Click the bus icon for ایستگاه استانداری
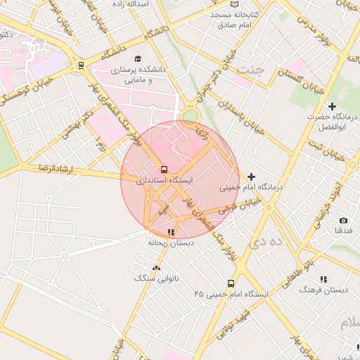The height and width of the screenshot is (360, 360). pyautogui.click(x=164, y=169)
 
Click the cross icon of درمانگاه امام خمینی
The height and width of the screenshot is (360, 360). pyautogui.click(x=252, y=176)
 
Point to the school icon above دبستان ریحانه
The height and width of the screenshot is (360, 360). pyautogui.click(x=171, y=231)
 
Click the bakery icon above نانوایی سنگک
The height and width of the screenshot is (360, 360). pyautogui.click(x=156, y=268)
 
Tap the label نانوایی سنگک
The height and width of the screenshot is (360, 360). pyautogui.click(x=155, y=278)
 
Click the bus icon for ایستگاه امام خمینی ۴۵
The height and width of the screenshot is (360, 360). pyautogui.click(x=231, y=283)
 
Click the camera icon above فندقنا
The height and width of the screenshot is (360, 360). pyautogui.click(x=343, y=220)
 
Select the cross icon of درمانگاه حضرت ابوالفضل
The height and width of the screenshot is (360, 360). pyautogui.click(x=332, y=106)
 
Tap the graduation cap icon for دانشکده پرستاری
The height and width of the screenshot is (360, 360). pyautogui.click(x=138, y=59)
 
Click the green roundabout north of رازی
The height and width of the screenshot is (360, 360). pyautogui.click(x=191, y=116)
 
